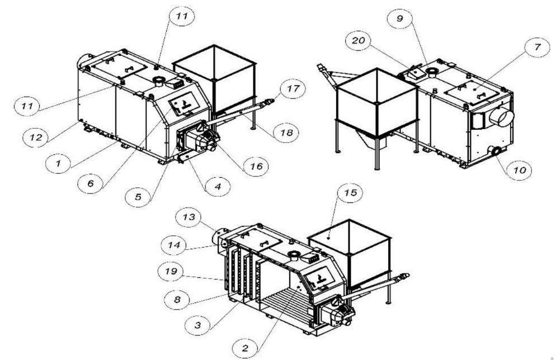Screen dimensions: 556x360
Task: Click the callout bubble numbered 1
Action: point(58,164)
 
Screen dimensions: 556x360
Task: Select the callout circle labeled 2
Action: point(246,348)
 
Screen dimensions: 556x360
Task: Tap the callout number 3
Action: point(198,325)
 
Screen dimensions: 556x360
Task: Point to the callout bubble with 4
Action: point(218,186)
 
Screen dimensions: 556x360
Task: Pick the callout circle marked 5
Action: point(139,197)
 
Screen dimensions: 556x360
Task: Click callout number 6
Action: point(91,183)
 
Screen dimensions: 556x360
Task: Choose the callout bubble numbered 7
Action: point(538,47)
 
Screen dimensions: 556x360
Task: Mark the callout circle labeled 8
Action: point(177,300)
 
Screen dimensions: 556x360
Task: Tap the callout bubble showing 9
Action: point(399,18)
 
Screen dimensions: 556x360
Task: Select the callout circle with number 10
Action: point(519,170)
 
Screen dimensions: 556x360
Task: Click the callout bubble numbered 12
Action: point(35,137)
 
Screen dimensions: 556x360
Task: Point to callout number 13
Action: point(189,217)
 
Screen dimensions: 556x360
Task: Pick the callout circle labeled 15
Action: point(350,192)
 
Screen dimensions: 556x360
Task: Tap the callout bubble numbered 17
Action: point(293,88)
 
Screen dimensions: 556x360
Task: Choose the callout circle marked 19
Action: point(171,271)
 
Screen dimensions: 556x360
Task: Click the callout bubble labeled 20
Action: point(358,40)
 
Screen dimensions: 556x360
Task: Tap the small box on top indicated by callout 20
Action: point(415,73)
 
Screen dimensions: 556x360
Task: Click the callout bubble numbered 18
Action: point(286,132)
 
